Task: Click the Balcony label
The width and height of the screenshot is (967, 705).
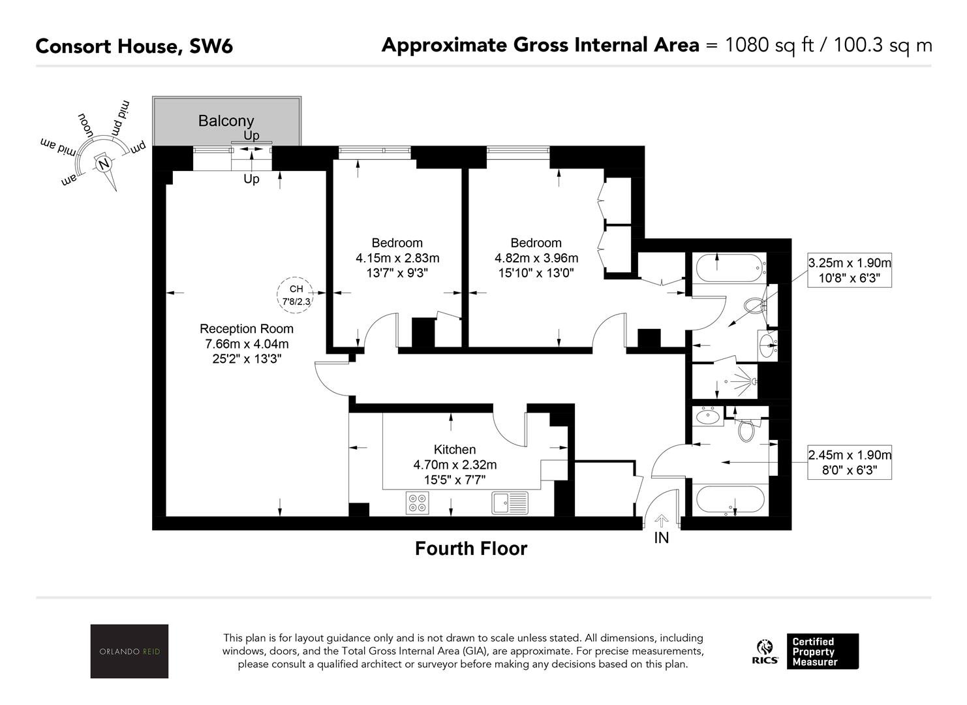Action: (226, 121)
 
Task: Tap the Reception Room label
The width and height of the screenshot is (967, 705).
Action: (247, 329)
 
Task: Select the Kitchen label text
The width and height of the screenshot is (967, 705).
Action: (455, 450)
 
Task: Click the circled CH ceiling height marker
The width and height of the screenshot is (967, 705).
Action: (296, 295)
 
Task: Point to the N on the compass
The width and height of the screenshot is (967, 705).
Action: (104, 164)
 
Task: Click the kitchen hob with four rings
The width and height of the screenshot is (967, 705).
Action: (418, 503)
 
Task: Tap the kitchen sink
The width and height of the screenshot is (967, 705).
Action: (510, 503)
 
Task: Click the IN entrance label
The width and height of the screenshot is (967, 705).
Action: (662, 539)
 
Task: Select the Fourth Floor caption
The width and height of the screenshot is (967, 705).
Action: (471, 549)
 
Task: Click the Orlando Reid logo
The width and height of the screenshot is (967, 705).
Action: (129, 651)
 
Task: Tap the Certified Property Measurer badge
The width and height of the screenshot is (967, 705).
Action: (822, 651)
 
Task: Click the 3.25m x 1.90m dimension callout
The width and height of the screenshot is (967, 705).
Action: (850, 270)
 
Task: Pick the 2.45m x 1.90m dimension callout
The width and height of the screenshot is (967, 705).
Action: (850, 462)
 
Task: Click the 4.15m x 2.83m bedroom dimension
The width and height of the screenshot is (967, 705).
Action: (397, 258)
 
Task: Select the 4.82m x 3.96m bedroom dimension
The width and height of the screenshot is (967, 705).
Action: (536, 258)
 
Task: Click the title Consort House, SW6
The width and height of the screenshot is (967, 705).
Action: (134, 46)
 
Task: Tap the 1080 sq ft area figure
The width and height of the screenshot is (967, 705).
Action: (769, 45)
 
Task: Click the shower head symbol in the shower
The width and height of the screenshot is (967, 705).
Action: (754, 381)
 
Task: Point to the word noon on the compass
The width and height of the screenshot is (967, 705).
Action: (85, 126)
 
